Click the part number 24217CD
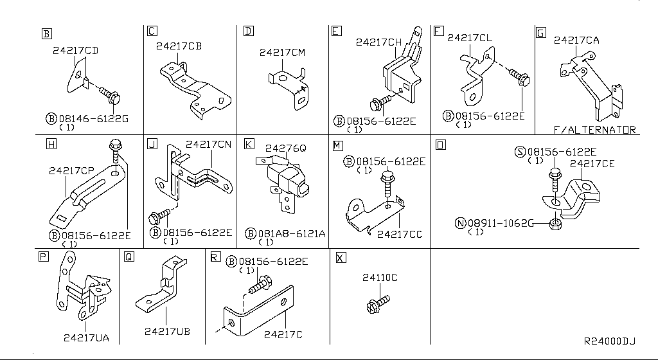[75, 50]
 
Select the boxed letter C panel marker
[152, 31]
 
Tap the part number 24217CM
[282, 53]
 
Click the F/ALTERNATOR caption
[595, 129]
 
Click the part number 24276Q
[285, 148]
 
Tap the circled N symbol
[460, 223]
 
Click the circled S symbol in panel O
[520, 152]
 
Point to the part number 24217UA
[86, 337]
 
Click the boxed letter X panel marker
[341, 257]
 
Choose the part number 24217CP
[71, 171]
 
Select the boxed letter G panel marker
[541, 32]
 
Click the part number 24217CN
[208, 145]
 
